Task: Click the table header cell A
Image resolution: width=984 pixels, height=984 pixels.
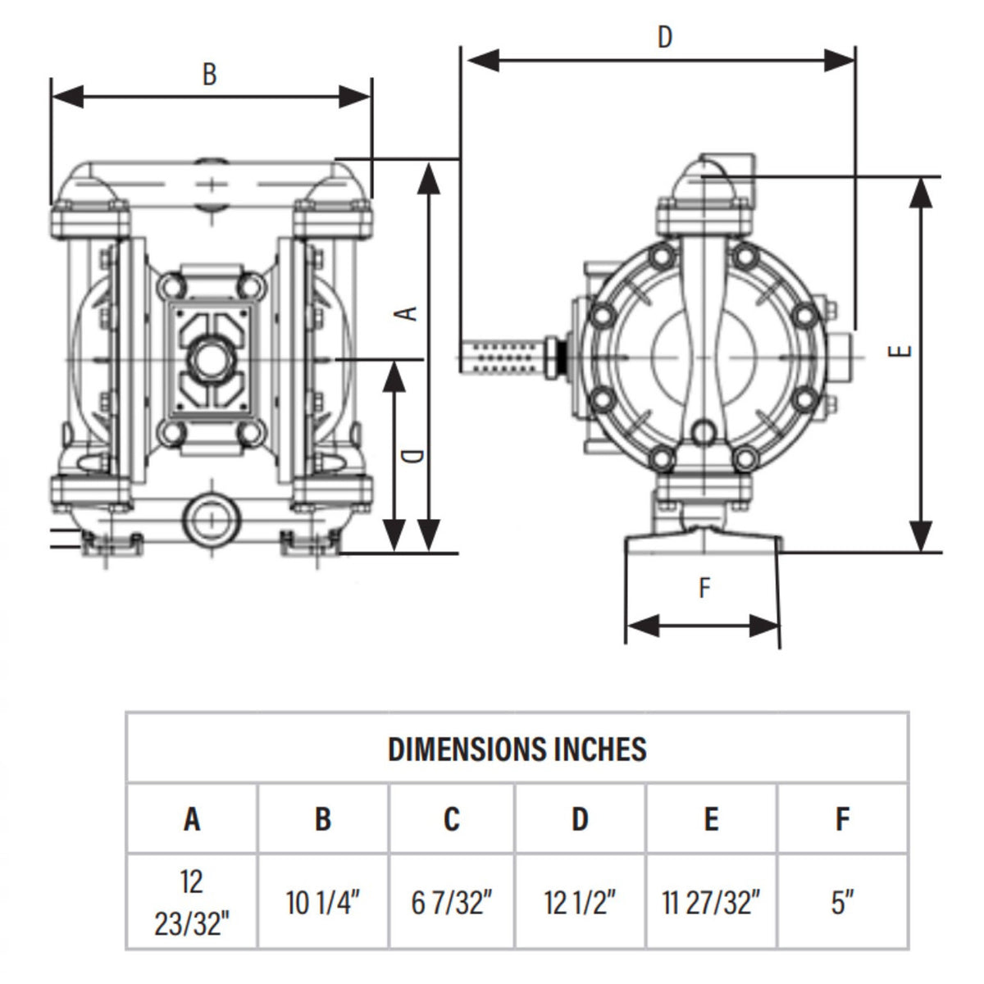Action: pos(192,818)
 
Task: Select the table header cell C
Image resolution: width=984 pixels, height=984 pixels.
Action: pos(452,818)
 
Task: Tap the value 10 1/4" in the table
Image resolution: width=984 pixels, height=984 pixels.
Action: pos(323,903)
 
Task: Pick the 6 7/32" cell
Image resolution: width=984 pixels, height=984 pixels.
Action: pos(452,903)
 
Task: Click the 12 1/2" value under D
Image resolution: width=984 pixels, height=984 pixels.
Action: pos(580,903)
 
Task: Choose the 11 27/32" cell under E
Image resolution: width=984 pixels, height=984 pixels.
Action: pos(711,903)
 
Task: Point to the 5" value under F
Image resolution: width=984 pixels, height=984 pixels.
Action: pos(843,903)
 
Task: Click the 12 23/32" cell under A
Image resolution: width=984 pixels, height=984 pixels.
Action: pos(192,903)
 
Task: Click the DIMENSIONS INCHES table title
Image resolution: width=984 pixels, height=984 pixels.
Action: pos(517,749)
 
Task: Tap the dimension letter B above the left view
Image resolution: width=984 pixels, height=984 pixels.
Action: pos(210,74)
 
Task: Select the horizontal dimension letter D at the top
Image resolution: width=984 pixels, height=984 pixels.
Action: pos(665,37)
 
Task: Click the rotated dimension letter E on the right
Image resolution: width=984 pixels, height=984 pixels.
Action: pos(902,350)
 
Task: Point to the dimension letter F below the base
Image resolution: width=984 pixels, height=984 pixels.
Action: pos(704,588)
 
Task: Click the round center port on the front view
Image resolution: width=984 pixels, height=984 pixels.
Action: pos(212,358)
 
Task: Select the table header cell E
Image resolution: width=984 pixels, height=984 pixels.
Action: pos(711,818)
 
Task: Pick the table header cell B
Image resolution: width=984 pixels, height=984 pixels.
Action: pos(323,818)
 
